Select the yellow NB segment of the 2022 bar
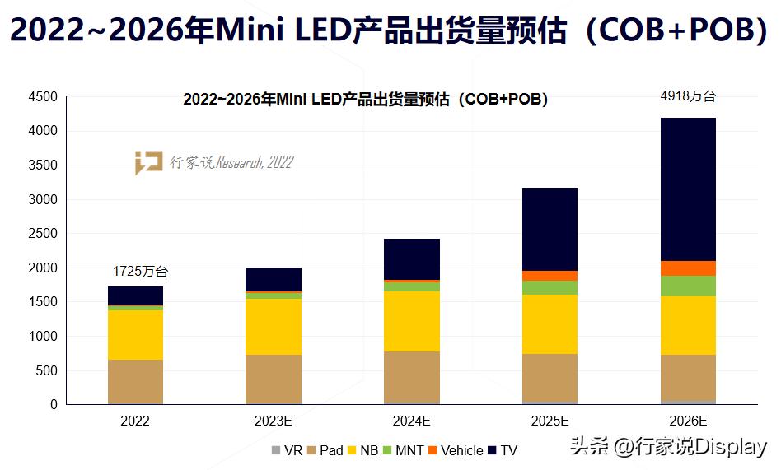(135, 334)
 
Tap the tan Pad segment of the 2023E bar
(274, 379)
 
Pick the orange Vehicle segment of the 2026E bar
(688, 268)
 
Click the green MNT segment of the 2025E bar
(550, 287)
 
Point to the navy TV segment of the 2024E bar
(411, 259)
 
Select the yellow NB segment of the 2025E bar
(550, 324)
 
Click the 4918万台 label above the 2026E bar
(688, 96)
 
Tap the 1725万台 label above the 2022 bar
(140, 272)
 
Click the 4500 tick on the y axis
(44, 97)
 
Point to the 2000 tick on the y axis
(44, 268)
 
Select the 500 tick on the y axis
(47, 370)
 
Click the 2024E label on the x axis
(411, 421)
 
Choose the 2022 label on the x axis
(135, 421)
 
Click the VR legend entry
(288, 450)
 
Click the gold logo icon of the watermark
(149, 163)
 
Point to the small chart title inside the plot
(365, 100)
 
